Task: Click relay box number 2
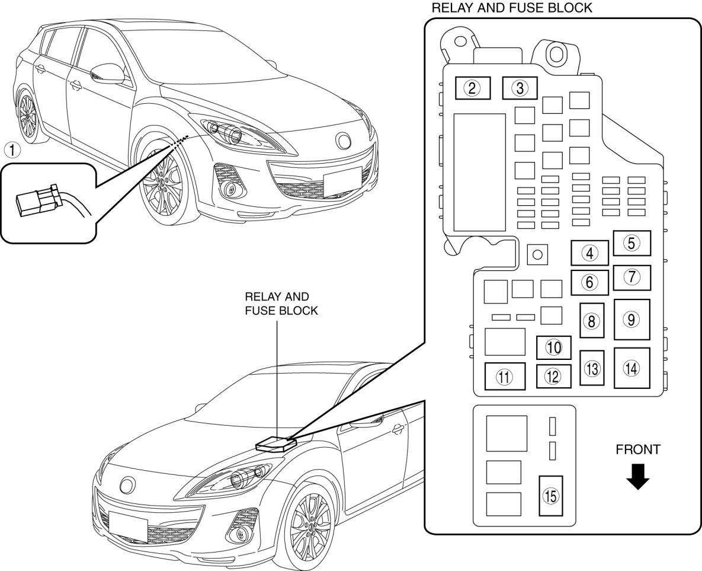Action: point(472,89)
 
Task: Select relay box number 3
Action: point(520,89)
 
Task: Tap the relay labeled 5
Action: point(632,243)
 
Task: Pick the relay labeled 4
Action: point(589,253)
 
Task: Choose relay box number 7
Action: point(632,277)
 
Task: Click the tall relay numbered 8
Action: point(591,321)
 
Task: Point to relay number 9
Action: point(632,319)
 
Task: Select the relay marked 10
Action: point(553,347)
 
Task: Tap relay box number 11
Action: point(504,377)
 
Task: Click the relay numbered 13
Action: point(591,368)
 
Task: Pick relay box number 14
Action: point(632,368)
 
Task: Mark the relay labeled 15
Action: point(551,496)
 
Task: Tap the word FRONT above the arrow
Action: point(637,449)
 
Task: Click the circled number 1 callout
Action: point(12,149)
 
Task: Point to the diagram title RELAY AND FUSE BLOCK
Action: point(512,8)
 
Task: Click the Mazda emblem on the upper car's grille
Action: point(342,141)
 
